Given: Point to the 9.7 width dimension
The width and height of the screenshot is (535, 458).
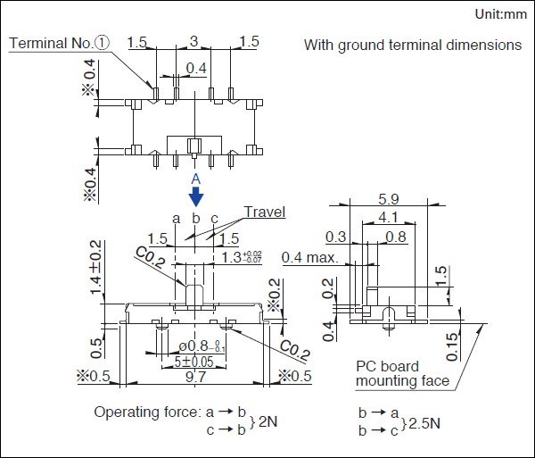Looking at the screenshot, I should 195,378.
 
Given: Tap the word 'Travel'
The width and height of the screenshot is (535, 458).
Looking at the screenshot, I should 265,212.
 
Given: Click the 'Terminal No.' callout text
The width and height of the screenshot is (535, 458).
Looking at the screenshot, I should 50,43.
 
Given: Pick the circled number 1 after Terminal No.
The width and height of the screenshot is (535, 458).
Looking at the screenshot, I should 103,43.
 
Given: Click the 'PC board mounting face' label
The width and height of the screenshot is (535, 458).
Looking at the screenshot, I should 399,374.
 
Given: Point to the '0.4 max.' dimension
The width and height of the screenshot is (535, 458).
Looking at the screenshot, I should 309,258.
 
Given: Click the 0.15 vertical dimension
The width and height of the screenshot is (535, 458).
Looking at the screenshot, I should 453,344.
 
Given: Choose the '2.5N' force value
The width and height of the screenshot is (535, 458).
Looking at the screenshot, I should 424,422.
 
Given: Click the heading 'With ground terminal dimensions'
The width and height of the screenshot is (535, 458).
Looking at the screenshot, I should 413,45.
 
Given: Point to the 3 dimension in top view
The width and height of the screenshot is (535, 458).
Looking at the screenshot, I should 193,41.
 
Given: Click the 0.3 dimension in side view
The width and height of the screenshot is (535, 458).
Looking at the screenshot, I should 336,237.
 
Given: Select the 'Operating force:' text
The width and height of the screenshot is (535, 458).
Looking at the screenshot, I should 145,412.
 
